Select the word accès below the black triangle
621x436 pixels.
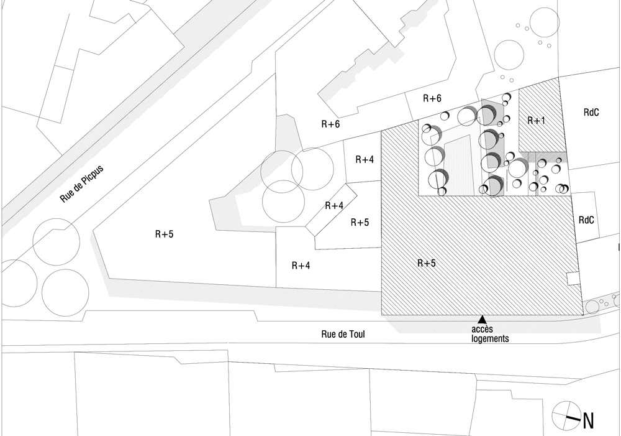[482, 330]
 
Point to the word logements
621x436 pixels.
[490, 339]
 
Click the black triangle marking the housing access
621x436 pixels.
[482, 319]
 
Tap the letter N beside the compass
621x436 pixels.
[588, 421]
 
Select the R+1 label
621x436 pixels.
[535, 121]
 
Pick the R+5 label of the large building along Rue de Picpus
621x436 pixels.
[165, 234]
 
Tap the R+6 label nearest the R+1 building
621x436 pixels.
[432, 98]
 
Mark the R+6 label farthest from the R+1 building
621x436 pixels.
[330, 124]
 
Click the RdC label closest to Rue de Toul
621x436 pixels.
[586, 220]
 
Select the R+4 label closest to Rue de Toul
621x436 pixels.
[301, 266]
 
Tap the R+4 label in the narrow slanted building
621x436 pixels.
[333, 205]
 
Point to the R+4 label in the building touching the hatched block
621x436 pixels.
[365, 160]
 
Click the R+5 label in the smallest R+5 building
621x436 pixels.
[360, 222]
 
